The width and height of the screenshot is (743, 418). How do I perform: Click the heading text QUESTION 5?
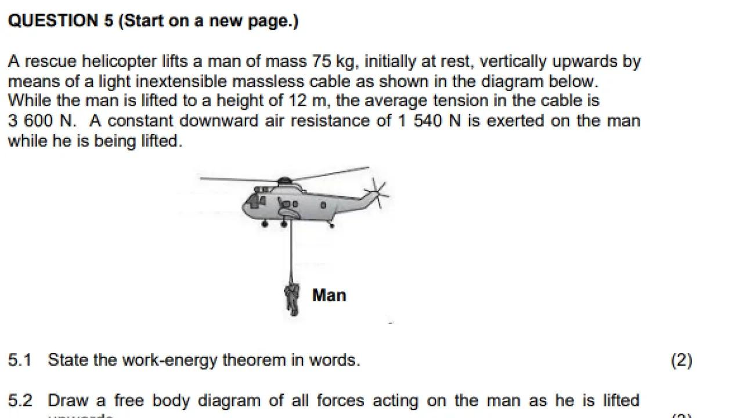pyautogui.click(x=62, y=21)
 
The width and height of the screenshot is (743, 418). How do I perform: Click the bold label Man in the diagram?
pyautogui.click(x=329, y=296)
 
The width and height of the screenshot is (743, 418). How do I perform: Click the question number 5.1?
pyautogui.click(x=20, y=361)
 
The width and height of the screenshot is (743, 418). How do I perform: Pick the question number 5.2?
pyautogui.click(x=20, y=401)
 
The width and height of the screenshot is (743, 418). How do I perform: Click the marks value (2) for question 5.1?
pyautogui.click(x=681, y=361)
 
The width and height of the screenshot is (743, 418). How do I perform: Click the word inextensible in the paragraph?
pyautogui.click(x=179, y=81)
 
